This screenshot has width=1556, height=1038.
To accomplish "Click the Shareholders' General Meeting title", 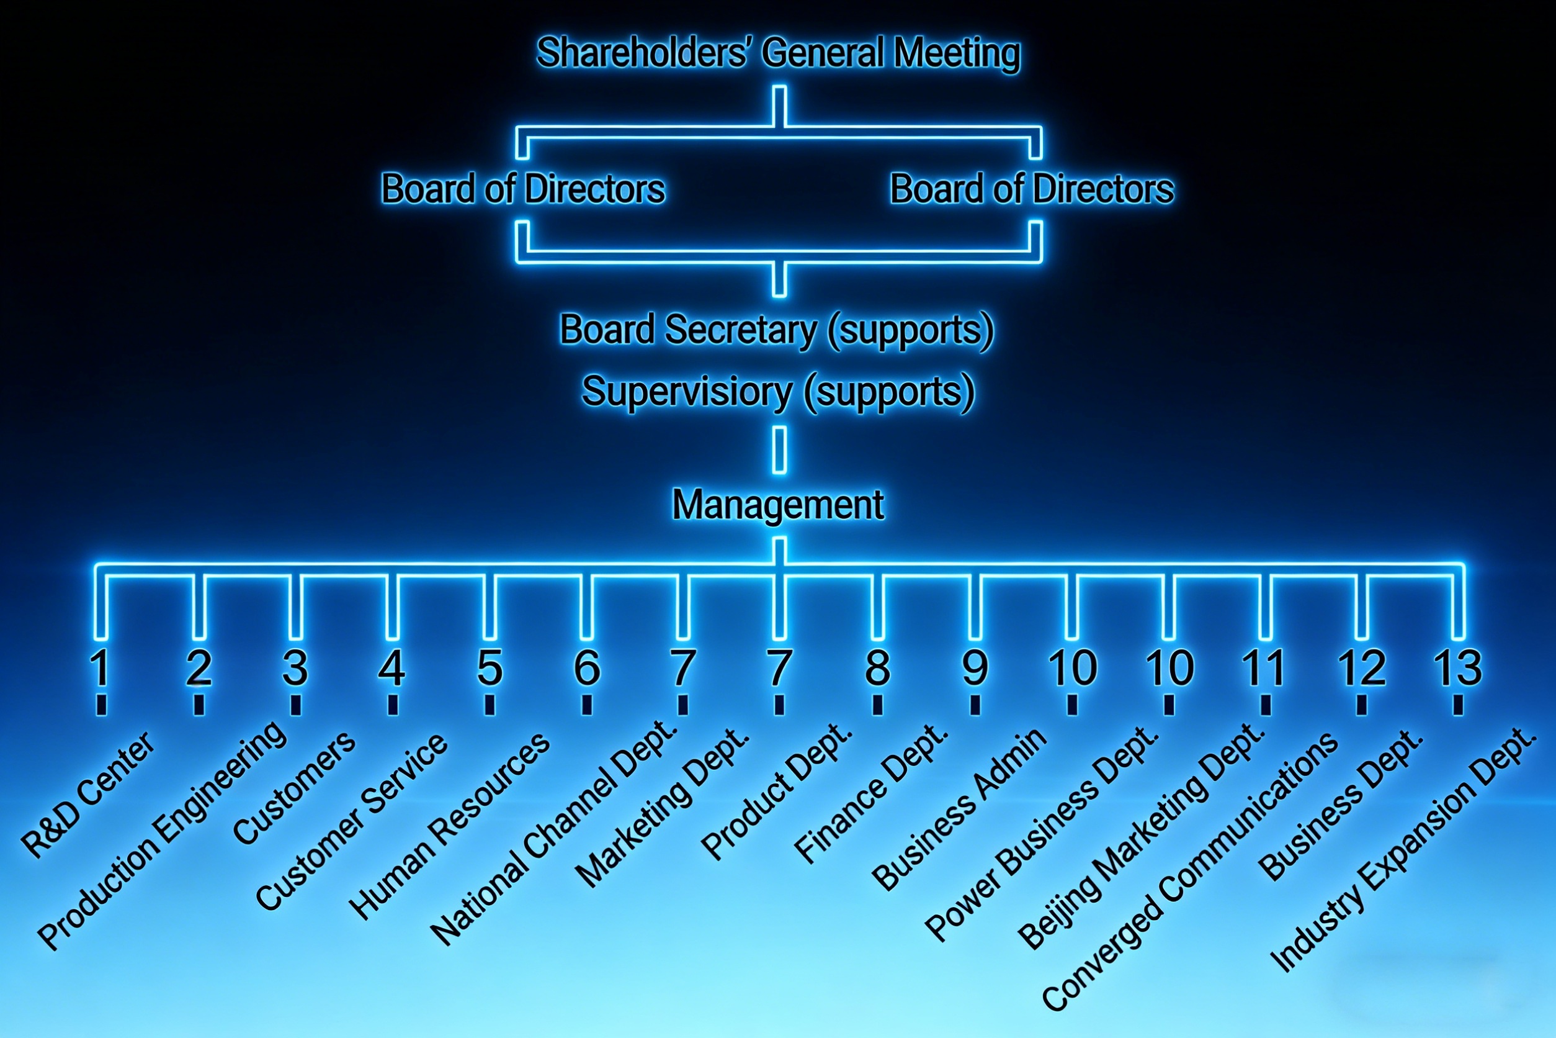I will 778,53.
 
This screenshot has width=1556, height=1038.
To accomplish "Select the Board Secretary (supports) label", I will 777,330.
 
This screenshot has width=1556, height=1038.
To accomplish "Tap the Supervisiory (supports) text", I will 778,391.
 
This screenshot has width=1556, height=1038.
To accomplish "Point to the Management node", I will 778,505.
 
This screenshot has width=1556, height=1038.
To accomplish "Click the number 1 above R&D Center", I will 101,668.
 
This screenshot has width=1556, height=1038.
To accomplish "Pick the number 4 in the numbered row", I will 391,668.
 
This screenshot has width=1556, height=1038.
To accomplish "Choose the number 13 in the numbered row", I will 1457,668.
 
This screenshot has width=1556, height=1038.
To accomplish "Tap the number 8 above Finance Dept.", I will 877,668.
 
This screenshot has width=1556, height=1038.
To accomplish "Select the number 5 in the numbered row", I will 490,668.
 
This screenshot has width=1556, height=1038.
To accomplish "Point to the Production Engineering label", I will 163,836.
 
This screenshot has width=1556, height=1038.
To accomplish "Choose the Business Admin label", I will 959,809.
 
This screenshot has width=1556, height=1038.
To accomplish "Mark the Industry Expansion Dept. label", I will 1403,850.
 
